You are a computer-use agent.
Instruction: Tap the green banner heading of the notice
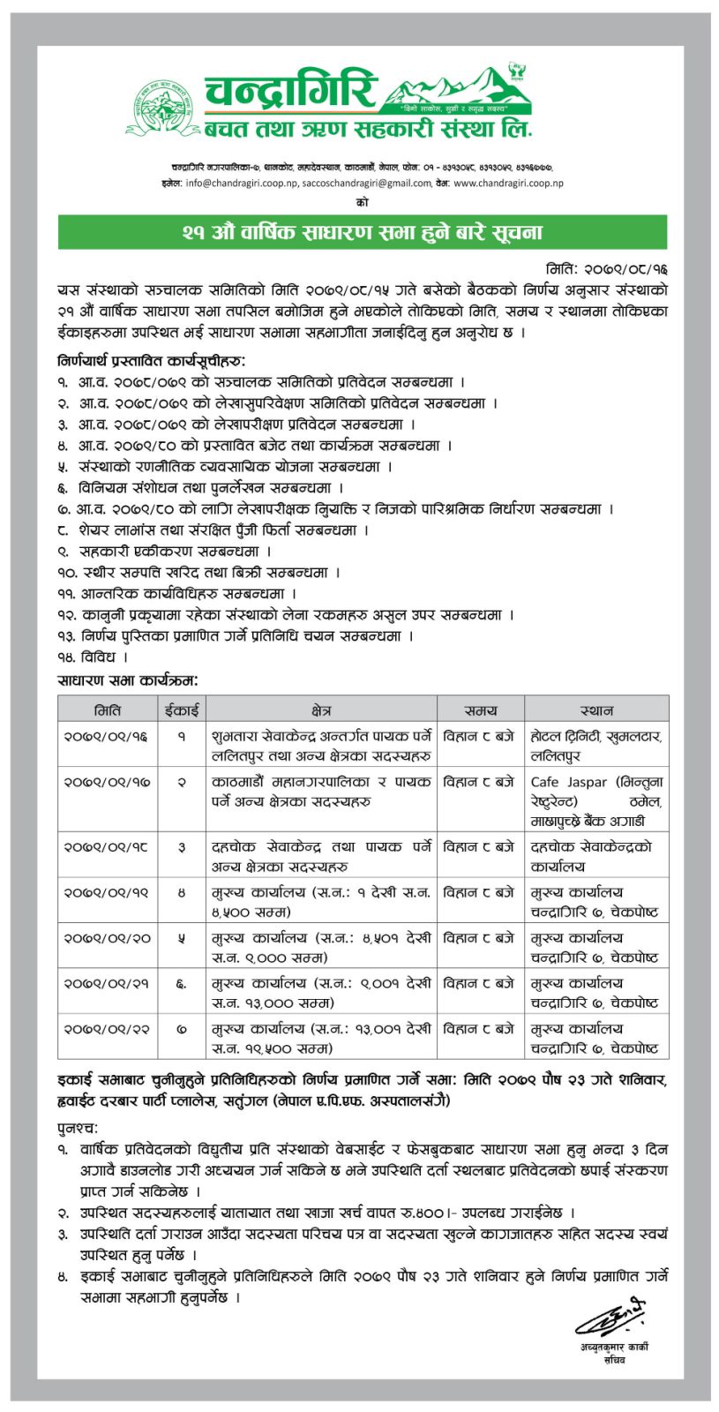(362, 233)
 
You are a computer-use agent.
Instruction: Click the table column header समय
(480, 710)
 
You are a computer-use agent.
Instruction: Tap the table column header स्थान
(596, 710)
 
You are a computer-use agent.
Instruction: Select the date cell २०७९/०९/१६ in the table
(106, 735)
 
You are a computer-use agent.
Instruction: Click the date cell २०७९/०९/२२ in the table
(106, 1029)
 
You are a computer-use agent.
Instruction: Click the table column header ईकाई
(182, 710)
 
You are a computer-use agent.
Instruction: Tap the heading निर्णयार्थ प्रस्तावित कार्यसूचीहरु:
(152, 361)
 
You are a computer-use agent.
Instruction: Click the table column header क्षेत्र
(321, 710)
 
